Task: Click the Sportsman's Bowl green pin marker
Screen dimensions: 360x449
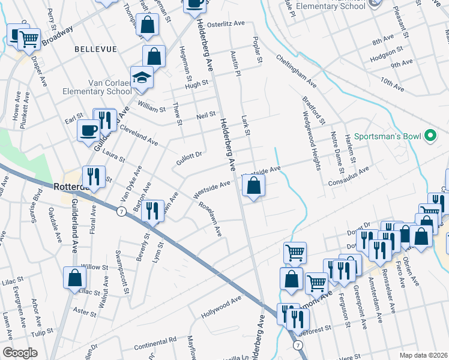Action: point(430,137)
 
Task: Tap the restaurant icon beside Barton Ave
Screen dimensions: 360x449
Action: point(154,211)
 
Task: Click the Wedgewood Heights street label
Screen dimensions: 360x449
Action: point(311,138)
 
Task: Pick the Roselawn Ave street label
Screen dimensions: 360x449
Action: point(211,218)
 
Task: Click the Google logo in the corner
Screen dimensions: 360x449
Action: point(20,353)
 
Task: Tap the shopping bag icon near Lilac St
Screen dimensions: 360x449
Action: point(75,278)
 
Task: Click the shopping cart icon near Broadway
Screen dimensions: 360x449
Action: point(29,40)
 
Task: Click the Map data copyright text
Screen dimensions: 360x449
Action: point(424,355)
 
